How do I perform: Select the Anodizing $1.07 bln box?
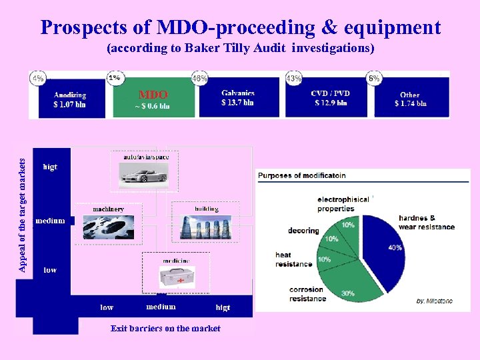70,99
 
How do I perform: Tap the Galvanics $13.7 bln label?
237,98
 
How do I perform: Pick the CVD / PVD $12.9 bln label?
331,98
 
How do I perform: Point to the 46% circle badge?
199,78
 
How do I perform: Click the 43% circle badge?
293,78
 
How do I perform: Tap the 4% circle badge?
37,78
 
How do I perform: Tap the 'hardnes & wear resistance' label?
426,223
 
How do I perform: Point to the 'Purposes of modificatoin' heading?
301,175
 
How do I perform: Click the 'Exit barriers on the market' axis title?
165,328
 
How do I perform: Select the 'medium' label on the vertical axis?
50,221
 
